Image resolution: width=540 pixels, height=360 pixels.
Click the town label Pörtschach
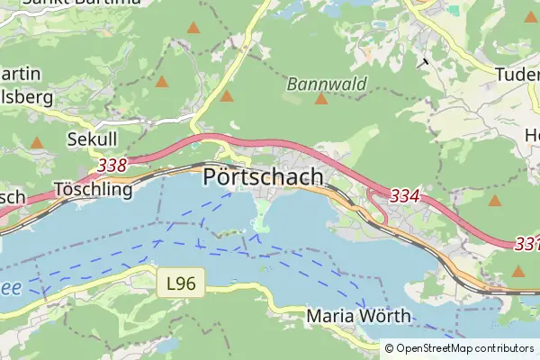point(263,177)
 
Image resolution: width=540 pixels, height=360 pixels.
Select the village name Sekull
point(91,139)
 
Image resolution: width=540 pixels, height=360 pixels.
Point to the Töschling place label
point(93,190)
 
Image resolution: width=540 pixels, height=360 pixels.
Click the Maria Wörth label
point(358,316)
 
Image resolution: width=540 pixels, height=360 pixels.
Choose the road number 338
point(112,166)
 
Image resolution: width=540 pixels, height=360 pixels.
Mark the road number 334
point(406,195)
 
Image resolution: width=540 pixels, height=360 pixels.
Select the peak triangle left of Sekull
point(37,142)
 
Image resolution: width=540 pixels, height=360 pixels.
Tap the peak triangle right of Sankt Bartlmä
point(193,28)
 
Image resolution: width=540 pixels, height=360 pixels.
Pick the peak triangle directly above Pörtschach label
point(227,95)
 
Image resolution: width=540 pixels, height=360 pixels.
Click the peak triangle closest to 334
point(494,200)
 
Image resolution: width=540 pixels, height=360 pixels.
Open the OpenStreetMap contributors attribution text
point(460,348)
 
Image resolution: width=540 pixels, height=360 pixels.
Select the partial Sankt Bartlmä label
point(94,3)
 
